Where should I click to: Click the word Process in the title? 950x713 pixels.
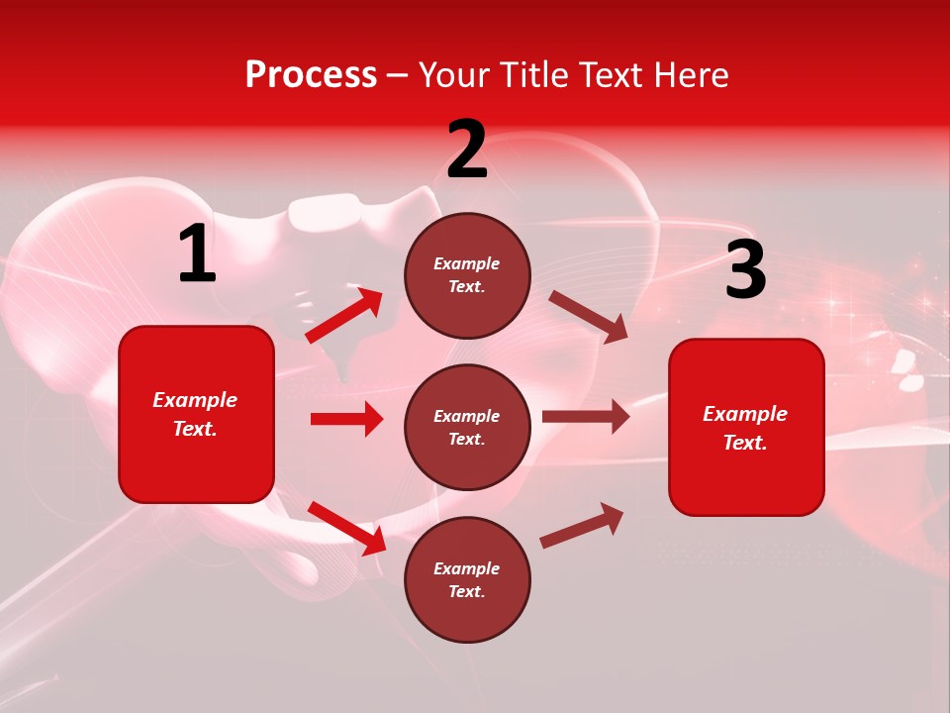[311, 75]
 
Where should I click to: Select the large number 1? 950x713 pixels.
[197, 255]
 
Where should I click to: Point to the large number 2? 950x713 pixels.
[467, 150]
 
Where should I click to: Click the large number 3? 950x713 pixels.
[745, 270]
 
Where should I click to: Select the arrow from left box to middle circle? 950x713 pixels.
[346, 419]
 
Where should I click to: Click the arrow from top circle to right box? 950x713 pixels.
[588, 317]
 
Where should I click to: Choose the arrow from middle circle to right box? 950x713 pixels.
[586, 417]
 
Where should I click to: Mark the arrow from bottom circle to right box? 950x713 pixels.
[582, 525]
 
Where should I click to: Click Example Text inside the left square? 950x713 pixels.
[195, 414]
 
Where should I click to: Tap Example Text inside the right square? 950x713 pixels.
[745, 428]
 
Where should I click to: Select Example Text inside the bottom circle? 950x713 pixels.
[467, 580]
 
